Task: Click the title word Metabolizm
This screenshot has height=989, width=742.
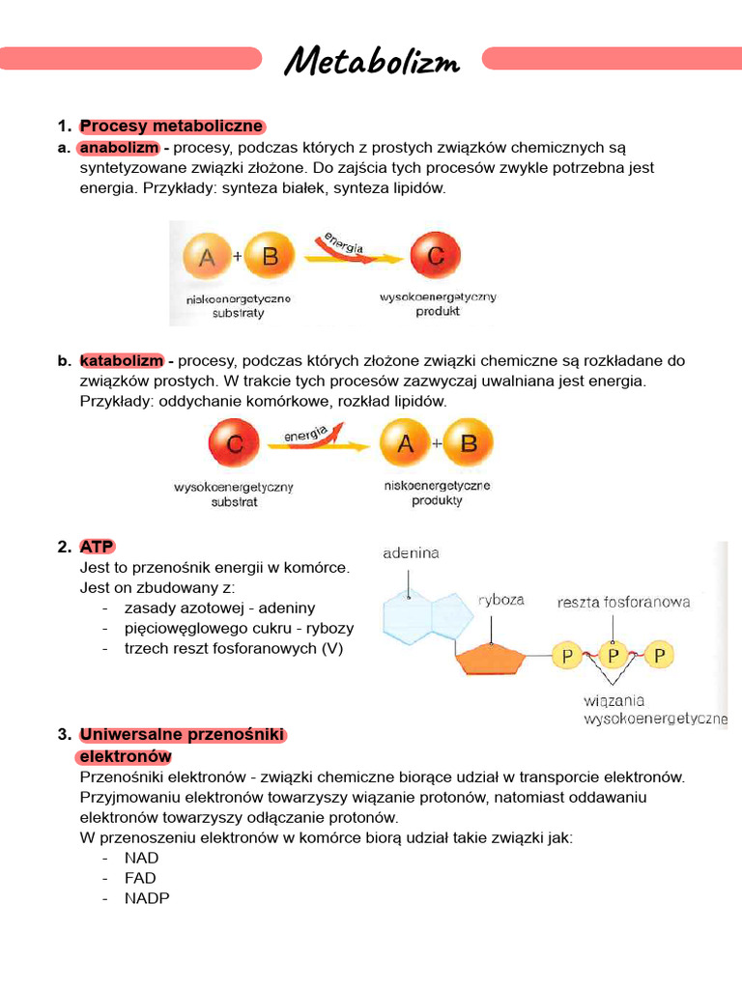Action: [372, 63]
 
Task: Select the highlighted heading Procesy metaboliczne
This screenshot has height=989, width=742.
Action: [172, 127]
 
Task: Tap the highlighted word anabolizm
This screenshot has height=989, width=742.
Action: [119, 148]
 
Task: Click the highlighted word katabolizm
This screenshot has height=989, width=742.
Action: [122, 360]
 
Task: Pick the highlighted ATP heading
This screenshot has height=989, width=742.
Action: [98, 547]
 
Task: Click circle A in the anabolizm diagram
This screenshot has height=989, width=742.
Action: [207, 258]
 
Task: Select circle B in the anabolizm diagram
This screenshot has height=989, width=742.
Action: [270, 258]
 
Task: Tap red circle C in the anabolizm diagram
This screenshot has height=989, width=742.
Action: [434, 258]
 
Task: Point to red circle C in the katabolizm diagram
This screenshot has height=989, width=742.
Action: [233, 444]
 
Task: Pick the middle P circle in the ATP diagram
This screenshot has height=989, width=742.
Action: [613, 656]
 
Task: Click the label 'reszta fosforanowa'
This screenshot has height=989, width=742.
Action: [624, 602]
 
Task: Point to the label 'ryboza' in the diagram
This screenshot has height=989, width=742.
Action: [501, 600]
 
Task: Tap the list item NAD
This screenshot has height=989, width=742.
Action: [142, 858]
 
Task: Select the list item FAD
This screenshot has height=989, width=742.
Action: [140, 878]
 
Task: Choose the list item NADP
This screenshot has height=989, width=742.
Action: [147, 898]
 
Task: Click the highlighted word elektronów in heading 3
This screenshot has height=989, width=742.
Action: [126, 755]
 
